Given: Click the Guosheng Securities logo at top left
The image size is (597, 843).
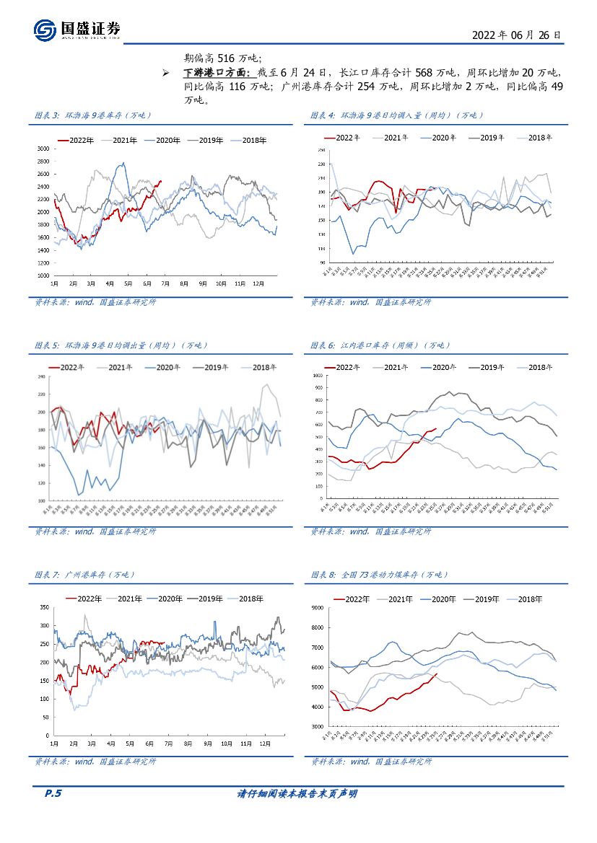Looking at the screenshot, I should pyautogui.click(x=77, y=29).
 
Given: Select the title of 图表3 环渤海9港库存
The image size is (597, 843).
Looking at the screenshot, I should pyautogui.click(x=94, y=115).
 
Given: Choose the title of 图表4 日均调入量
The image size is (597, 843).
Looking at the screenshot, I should pyautogui.click(x=397, y=115).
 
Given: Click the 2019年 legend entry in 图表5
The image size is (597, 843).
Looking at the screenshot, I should pyautogui.click(x=212, y=367).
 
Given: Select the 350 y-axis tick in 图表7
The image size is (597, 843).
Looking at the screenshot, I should pyautogui.click(x=43, y=607).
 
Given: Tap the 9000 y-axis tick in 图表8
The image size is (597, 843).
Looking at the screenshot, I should pyautogui.click(x=317, y=608).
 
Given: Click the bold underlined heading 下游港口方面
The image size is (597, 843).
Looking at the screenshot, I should pyautogui.click(x=216, y=73).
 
